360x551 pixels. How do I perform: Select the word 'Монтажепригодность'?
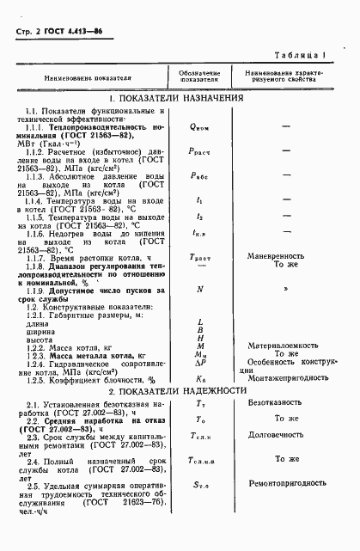286,377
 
